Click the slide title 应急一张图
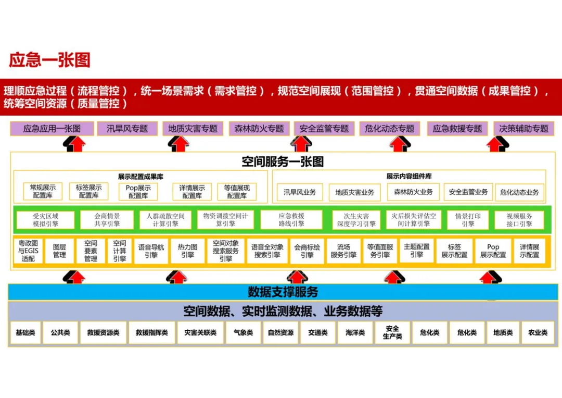coord(49,60)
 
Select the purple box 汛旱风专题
coord(127,129)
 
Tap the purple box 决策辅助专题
coord(523,129)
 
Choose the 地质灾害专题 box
coord(193,129)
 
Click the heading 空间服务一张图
coord(283,161)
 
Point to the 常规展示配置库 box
coord(43,191)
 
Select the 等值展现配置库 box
coord(237,191)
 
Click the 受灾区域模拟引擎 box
coord(46,220)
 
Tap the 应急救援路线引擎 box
coord(291,220)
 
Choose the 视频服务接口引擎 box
coord(519,220)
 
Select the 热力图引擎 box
coord(187,251)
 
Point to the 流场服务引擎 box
coord(343,251)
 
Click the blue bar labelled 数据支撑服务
coord(283,292)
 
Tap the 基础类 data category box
coord(25,332)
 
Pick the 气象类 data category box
coord(243,332)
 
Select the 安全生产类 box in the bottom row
coord(392,332)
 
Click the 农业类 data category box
coord(538,332)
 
